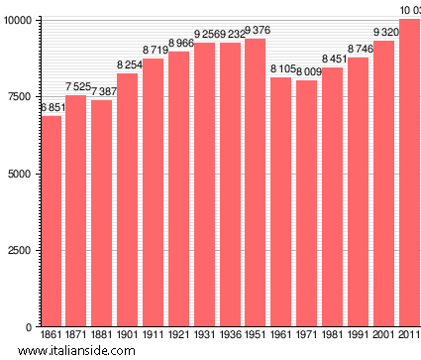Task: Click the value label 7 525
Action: (x=76, y=87)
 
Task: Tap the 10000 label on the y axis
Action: (x=17, y=20)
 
